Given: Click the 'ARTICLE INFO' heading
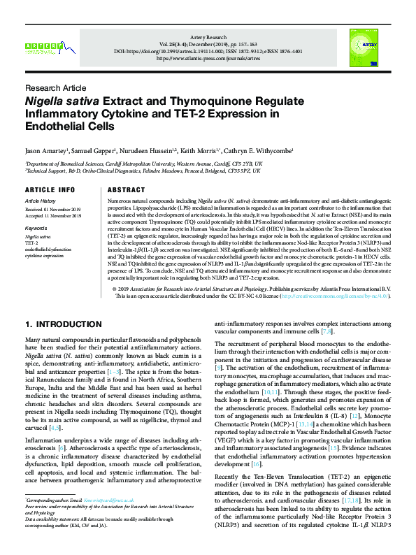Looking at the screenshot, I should click(50, 189).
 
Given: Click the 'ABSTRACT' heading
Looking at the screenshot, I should click(127, 189).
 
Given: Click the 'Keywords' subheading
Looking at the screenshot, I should click(36, 228).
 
